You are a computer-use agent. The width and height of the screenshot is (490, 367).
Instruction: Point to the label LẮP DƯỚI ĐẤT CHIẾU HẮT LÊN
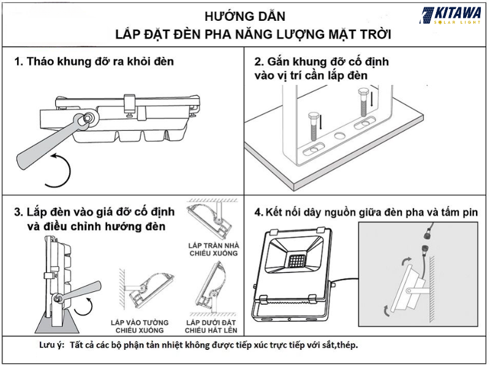pyautogui.click(x=213, y=325)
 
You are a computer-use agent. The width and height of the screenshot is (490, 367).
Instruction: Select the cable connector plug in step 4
pyautogui.click(x=422, y=247)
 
